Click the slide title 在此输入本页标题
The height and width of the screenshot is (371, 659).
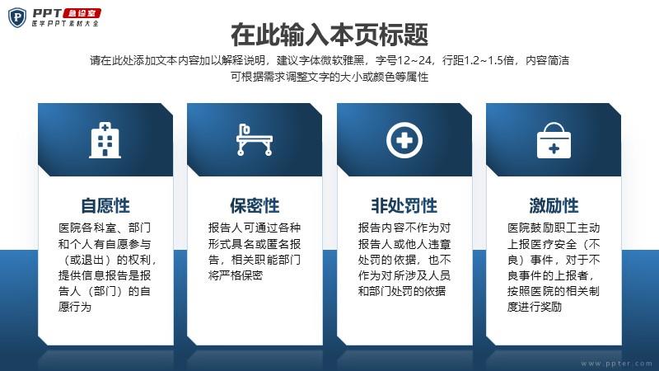(329, 35)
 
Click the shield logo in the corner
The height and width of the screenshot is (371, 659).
(17, 17)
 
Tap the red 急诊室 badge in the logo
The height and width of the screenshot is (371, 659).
(82, 13)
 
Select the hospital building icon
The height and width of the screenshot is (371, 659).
(105, 140)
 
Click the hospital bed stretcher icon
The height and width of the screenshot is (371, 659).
(254, 139)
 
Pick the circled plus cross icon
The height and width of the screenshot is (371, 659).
(404, 140)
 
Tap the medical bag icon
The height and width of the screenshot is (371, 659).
(554, 140)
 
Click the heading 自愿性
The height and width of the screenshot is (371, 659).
(105, 206)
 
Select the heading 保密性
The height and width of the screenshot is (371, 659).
(255, 206)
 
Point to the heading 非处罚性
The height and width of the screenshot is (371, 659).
(404, 206)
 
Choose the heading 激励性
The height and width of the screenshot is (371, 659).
(554, 206)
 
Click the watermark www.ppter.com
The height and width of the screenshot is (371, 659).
(616, 364)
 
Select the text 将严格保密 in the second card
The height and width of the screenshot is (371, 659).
(236, 275)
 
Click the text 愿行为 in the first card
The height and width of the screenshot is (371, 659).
(75, 307)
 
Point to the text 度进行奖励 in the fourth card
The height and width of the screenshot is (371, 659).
(534, 307)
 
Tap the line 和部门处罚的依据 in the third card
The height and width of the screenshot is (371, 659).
(401, 291)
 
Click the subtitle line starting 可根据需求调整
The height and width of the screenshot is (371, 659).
(329, 77)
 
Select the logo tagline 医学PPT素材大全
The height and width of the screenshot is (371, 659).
(65, 24)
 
